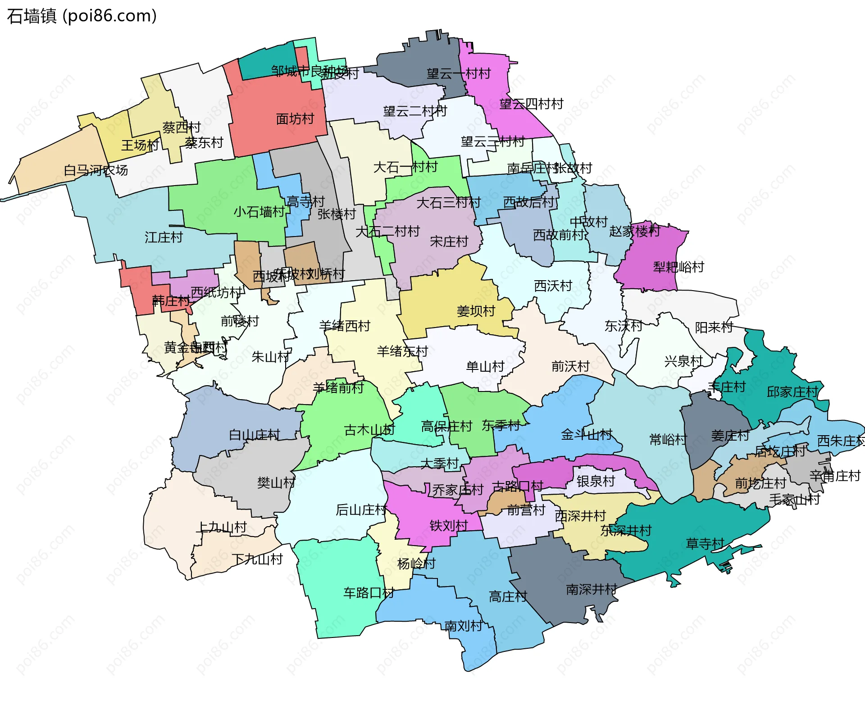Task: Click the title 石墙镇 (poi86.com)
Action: pos(82,16)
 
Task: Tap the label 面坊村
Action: pos(295,119)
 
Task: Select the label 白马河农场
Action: pos(96,170)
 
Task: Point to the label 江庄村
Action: pos(164,237)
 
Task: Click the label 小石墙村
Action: pos(259,211)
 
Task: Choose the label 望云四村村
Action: pos(531,104)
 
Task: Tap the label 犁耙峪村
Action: pos(678,267)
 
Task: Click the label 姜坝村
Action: pos(476,311)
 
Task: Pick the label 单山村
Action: pos(485,366)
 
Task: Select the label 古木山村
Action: pos(369,430)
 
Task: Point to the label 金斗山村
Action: pos(586,434)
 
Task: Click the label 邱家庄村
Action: pos(792,392)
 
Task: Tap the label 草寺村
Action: pos(705,544)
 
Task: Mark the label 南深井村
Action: pos(591,589)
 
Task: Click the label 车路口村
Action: pos(369,593)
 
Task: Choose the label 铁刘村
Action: pos(449,525)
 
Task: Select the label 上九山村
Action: pos(223,527)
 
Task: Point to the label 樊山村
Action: pos(276,483)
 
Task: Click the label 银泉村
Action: pos(596,481)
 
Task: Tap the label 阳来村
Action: pos(714,327)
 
